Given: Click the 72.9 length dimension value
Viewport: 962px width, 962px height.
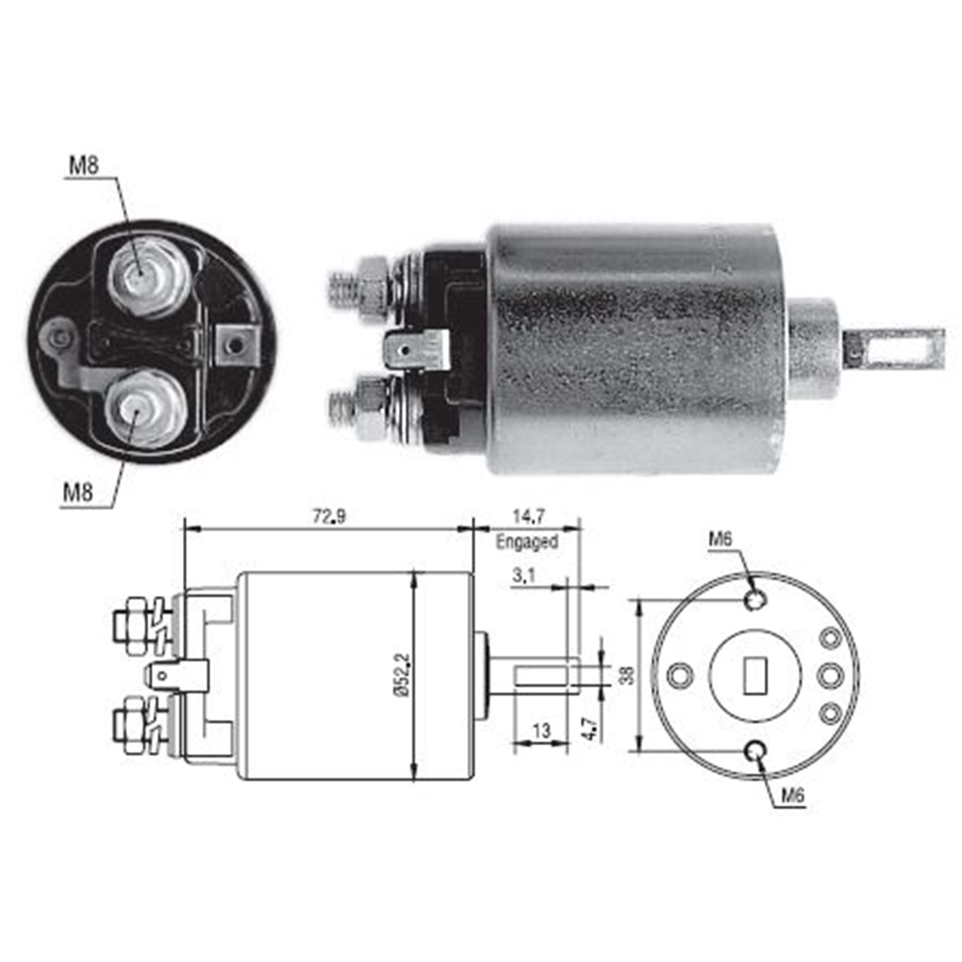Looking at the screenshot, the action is click(329, 516).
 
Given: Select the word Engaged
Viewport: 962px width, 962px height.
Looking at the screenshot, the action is click(527, 542).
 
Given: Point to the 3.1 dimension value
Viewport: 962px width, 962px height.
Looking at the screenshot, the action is click(523, 576).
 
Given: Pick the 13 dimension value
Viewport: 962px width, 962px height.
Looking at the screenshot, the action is click(541, 730).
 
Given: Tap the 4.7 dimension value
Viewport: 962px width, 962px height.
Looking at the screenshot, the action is click(591, 729).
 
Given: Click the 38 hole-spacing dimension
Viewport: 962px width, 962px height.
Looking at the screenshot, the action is click(627, 675).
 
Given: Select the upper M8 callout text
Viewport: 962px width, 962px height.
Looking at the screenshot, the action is click(83, 167).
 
